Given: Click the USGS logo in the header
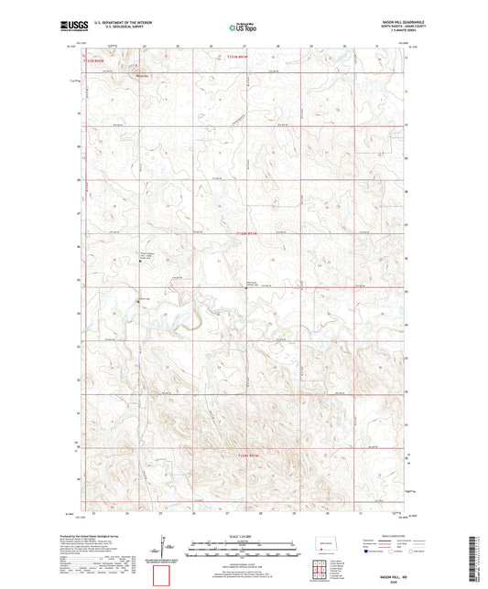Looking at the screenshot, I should tap(70, 27).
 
